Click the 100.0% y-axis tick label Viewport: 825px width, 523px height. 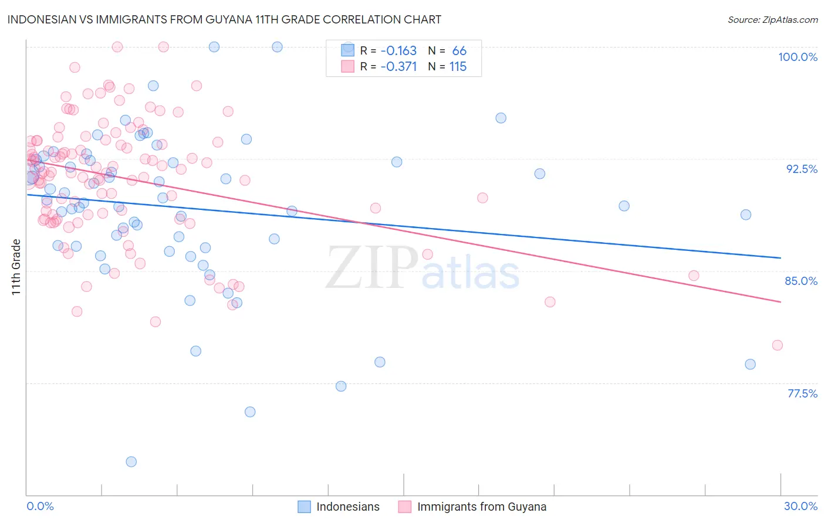(797, 57)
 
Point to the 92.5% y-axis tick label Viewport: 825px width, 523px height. (802, 169)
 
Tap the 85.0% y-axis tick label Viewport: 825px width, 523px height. (801, 281)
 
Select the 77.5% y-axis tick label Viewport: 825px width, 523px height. (802, 393)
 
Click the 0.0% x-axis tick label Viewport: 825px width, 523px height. (40, 506)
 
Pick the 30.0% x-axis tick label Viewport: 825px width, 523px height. (800, 506)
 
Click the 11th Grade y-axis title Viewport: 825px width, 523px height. (16, 267)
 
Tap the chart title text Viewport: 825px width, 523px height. (224, 19)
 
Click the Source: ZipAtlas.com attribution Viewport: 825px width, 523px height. (772, 19)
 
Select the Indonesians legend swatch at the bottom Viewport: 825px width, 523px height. (304, 507)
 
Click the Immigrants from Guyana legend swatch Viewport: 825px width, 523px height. (405, 507)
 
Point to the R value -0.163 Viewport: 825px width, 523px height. (398, 51)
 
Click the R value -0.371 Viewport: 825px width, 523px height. (398, 67)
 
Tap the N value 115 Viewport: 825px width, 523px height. (458, 67)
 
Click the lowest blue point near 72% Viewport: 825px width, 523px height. (131, 461)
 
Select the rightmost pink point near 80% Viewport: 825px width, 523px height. (777, 345)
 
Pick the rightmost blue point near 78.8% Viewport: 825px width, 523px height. (750, 364)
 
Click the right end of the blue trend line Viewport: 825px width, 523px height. (780, 258)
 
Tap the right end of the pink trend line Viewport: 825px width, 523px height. (780, 302)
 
